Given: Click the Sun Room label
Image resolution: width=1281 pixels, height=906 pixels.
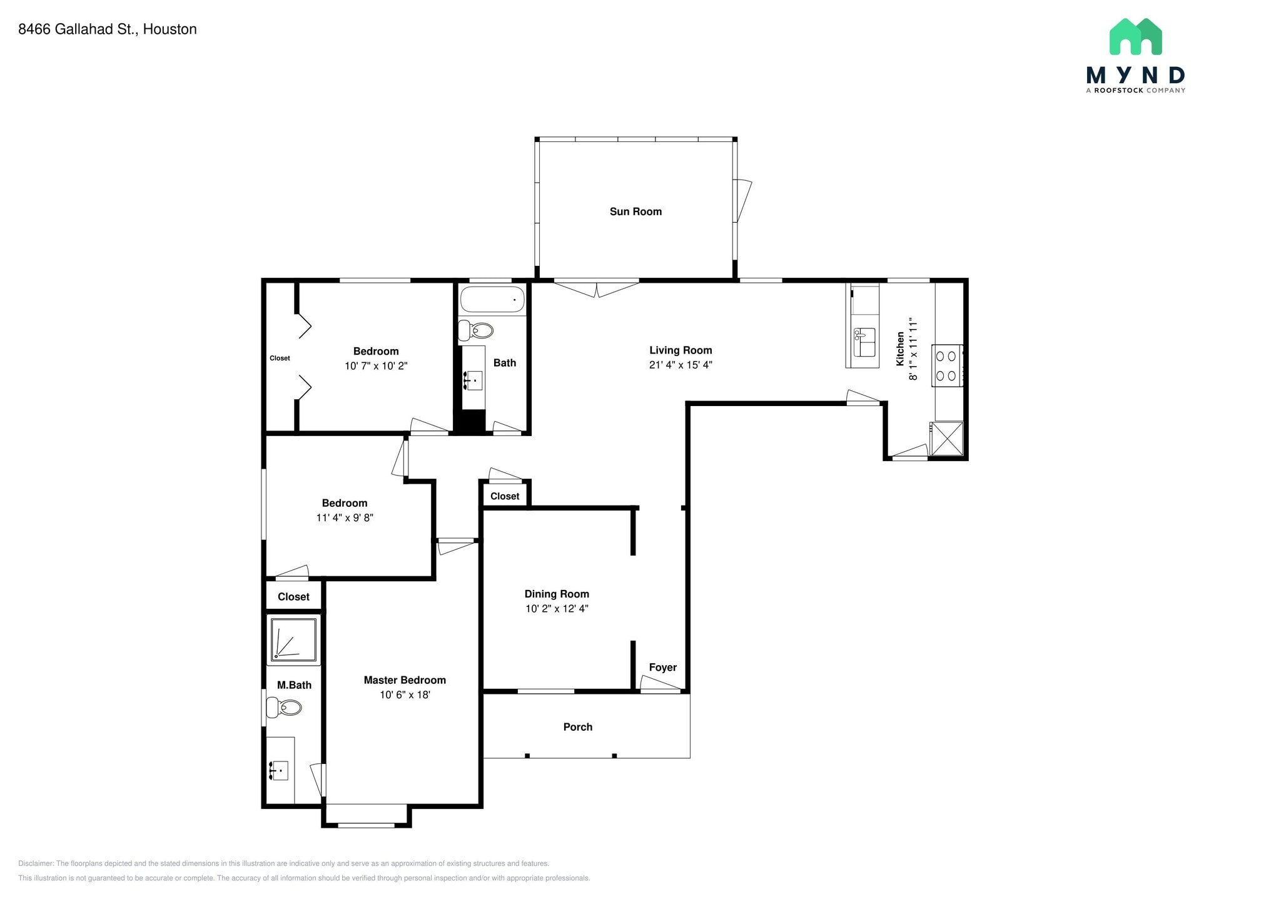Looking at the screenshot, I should click(x=635, y=211).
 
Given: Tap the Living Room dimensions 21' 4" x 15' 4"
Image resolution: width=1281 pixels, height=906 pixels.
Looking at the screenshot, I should click(x=681, y=365).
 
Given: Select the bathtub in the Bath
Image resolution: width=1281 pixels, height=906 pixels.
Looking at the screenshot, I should click(x=492, y=300).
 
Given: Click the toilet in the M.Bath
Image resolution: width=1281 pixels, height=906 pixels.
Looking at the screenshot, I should click(x=284, y=708).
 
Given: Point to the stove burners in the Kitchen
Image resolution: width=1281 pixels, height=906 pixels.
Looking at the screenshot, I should click(x=946, y=366).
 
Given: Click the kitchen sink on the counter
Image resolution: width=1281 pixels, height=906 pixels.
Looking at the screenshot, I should click(x=864, y=342).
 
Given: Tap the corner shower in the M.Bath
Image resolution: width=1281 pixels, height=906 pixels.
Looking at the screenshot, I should click(x=293, y=639).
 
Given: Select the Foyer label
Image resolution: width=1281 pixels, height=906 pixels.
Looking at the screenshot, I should click(x=662, y=667).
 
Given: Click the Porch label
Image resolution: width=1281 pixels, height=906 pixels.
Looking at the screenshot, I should click(x=577, y=726).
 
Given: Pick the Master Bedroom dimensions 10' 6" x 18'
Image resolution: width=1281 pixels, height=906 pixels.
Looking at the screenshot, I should click(x=405, y=695).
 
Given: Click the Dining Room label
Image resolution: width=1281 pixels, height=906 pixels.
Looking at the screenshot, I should click(x=557, y=594).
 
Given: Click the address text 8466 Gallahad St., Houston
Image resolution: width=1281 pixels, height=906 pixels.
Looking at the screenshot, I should click(x=108, y=29).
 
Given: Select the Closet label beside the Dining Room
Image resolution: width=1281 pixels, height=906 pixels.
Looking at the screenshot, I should click(x=505, y=496).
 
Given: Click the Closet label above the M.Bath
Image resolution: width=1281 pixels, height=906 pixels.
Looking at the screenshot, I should click(x=293, y=596).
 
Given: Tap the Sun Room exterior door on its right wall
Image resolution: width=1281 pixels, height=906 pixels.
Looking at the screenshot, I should click(x=742, y=201).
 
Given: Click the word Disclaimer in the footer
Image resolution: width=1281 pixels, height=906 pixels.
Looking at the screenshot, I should click(x=36, y=863).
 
